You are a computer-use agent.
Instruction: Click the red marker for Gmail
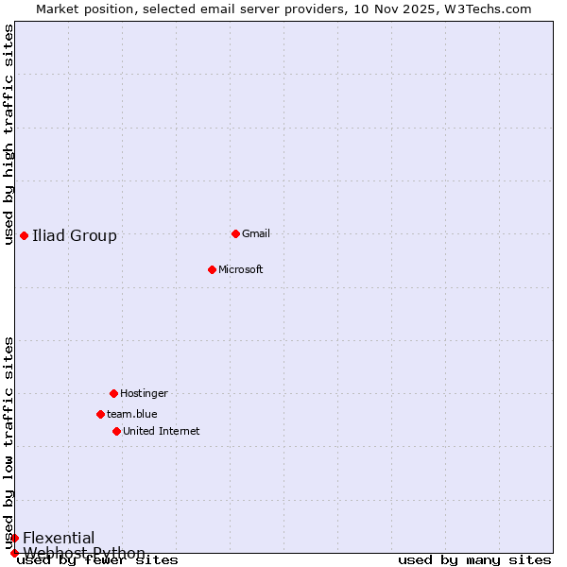[x=235, y=233]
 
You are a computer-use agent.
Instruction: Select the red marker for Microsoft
[x=212, y=269]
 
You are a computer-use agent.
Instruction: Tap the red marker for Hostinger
[x=113, y=393]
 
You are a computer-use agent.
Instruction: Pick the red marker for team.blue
[x=100, y=414]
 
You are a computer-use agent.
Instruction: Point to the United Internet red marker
[x=116, y=431]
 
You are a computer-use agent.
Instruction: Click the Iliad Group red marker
[x=24, y=235]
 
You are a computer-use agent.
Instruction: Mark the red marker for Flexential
[x=14, y=538]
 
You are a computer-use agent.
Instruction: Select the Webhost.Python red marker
[x=14, y=553]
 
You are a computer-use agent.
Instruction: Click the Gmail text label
[x=256, y=233]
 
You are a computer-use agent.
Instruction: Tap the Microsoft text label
[x=241, y=269]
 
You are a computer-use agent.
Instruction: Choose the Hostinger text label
[x=144, y=393]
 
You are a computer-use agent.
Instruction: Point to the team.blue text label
[x=132, y=414]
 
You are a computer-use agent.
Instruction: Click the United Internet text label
[x=162, y=431]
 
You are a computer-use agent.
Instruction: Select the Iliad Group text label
[x=75, y=235]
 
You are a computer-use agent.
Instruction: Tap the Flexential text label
[x=59, y=538]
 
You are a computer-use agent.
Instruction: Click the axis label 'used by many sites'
[x=474, y=559]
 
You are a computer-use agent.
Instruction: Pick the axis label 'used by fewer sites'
[x=98, y=559]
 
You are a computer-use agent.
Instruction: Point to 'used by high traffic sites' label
[x=9, y=134]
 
